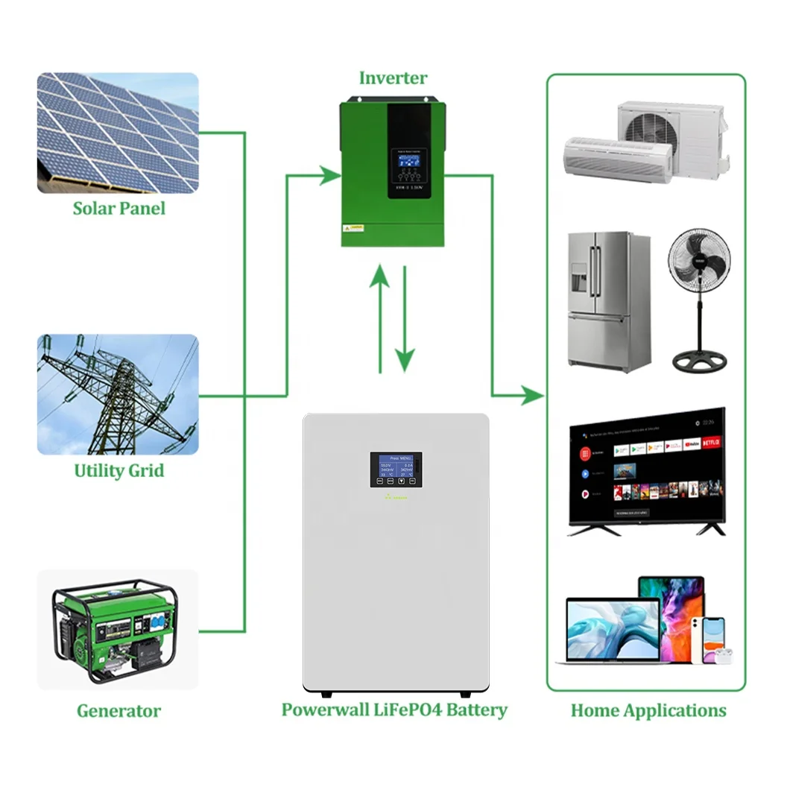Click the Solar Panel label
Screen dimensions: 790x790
[x=119, y=208]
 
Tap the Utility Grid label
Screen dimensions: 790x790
[x=119, y=471]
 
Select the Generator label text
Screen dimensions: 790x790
[x=118, y=710]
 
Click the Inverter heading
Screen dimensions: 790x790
[x=393, y=78]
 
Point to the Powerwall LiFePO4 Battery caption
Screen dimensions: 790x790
[x=394, y=710]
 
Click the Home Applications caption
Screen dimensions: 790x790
[x=648, y=710]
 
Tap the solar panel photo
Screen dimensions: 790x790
[x=118, y=133]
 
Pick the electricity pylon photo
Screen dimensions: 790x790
[x=118, y=394]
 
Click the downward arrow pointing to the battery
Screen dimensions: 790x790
[x=405, y=320]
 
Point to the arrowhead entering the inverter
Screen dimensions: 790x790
[x=329, y=176]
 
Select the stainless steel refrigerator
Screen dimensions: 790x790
[x=607, y=302]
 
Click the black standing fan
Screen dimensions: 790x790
[x=698, y=298]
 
